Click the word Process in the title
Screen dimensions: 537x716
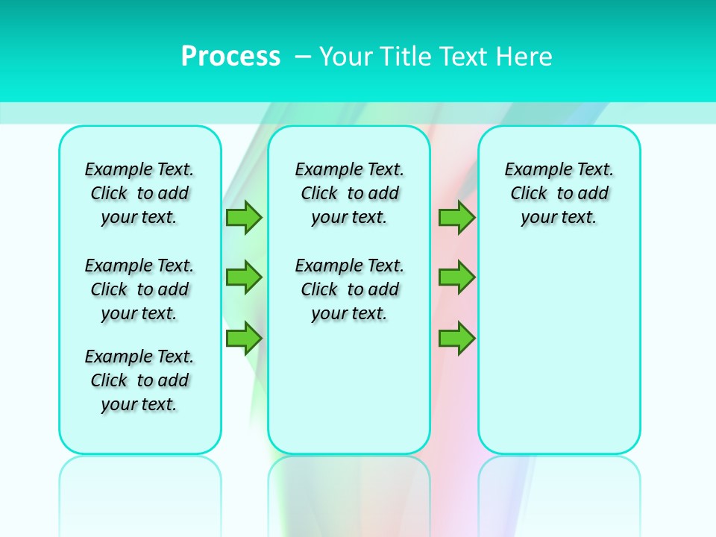pyautogui.click(x=230, y=57)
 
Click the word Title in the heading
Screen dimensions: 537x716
pyautogui.click(x=406, y=57)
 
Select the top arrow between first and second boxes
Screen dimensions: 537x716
pyautogui.click(x=244, y=217)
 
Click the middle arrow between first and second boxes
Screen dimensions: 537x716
pyautogui.click(x=244, y=277)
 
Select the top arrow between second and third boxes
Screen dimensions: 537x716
pyautogui.click(x=457, y=217)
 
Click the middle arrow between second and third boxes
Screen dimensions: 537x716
pyautogui.click(x=457, y=277)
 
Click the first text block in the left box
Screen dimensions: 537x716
pyautogui.click(x=139, y=193)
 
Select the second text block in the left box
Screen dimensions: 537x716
pyautogui.click(x=139, y=289)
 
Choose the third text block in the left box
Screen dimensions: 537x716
pyautogui.click(x=139, y=380)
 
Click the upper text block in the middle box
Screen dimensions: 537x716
pyautogui.click(x=349, y=193)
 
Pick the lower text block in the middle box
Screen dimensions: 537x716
pyautogui.click(x=349, y=289)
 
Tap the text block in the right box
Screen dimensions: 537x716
pyautogui.click(x=559, y=193)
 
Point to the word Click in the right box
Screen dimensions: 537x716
pyautogui.click(x=529, y=194)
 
